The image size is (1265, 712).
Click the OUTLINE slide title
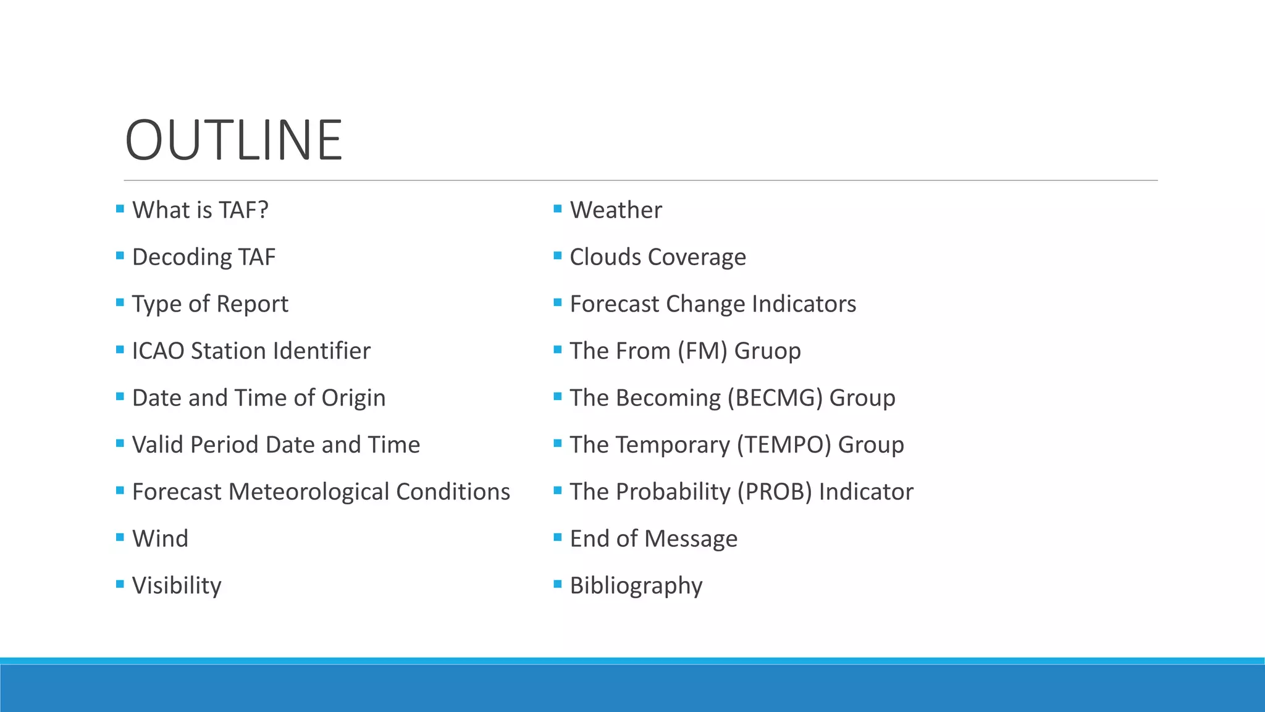click(x=233, y=140)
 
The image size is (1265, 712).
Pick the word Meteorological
click(x=308, y=492)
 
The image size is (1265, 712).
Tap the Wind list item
click(x=160, y=539)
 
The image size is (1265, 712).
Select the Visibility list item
click(x=177, y=586)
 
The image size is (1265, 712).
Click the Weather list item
click(x=616, y=210)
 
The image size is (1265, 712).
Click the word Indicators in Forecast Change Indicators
click(x=804, y=304)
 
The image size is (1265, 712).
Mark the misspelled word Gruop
click(x=767, y=351)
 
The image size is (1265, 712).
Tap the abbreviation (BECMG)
click(x=775, y=398)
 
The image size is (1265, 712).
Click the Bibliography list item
click(x=636, y=586)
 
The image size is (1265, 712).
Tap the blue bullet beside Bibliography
click(x=558, y=584)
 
